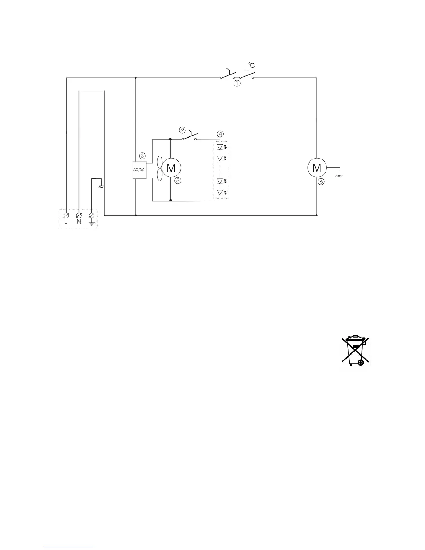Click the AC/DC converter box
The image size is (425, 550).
139,170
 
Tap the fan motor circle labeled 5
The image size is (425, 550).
171,168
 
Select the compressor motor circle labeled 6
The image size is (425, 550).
317,168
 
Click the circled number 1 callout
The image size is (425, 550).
236,83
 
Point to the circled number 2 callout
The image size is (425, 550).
183,130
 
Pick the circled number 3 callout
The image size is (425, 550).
142,156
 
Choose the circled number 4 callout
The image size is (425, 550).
220,134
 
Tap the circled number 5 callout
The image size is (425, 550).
177,181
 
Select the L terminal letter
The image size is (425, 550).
66,222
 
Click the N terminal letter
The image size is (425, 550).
79,222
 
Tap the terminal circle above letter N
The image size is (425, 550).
79,215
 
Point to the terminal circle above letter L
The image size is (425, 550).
66,215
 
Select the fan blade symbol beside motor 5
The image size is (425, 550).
160,168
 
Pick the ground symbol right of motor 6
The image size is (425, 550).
340,176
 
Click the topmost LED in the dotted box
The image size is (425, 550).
220,147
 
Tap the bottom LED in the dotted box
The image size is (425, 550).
220,193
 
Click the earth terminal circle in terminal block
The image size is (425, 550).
92,215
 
